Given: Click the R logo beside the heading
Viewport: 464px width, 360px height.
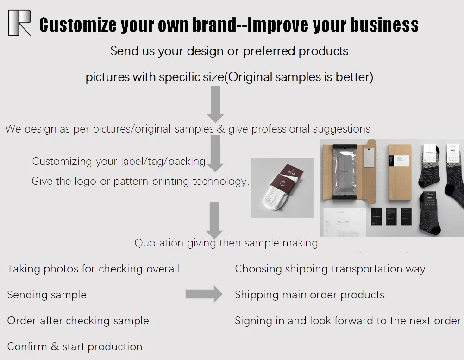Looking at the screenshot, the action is (x=19, y=23).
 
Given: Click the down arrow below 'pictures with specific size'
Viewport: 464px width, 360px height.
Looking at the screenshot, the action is (x=215, y=104).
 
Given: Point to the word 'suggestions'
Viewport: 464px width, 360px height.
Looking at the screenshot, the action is (x=341, y=129).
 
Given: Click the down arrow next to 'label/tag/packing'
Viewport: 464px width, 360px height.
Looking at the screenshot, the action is (x=215, y=153).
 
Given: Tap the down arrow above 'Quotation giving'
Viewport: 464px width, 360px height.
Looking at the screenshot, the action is (x=214, y=220).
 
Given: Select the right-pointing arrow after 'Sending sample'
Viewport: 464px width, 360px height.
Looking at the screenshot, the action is (x=204, y=294).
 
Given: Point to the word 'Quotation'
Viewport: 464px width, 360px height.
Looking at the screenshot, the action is (x=159, y=243).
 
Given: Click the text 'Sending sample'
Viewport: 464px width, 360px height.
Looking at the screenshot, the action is (x=47, y=295).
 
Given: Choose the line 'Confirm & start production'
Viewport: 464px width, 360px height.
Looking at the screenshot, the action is (x=75, y=347).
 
